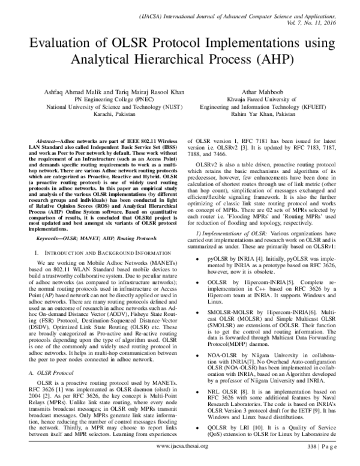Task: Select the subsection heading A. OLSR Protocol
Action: click(53, 356)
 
